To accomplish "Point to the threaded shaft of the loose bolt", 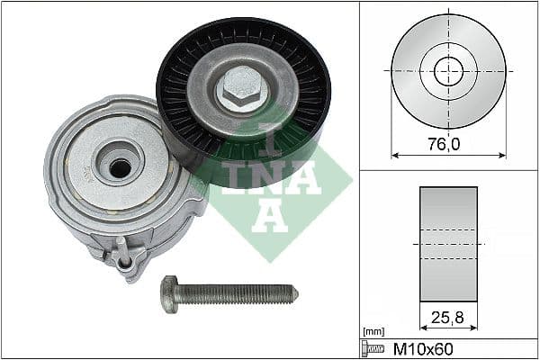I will click(x=243, y=293).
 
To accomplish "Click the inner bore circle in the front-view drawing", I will click(x=448, y=71).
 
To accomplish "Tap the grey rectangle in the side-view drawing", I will click(x=448, y=243).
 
